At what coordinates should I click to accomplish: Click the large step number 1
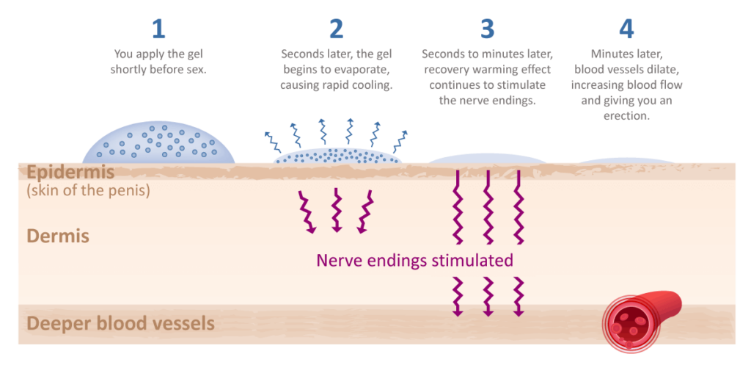(x=158, y=29)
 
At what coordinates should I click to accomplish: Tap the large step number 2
(x=336, y=29)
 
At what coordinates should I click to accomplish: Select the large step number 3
(x=487, y=29)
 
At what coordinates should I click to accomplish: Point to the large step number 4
(x=626, y=29)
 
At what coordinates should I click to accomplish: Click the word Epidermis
(x=70, y=173)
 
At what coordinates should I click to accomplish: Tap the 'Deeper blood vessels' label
(x=120, y=323)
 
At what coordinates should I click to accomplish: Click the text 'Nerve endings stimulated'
(x=415, y=261)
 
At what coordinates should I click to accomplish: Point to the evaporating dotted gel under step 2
(x=337, y=156)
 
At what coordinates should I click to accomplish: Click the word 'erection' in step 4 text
(x=626, y=115)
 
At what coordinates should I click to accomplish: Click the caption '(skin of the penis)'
(x=88, y=191)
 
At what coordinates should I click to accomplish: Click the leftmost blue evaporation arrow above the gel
(x=274, y=142)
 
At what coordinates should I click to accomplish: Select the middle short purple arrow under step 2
(x=337, y=210)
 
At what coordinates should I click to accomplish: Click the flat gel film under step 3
(x=488, y=159)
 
